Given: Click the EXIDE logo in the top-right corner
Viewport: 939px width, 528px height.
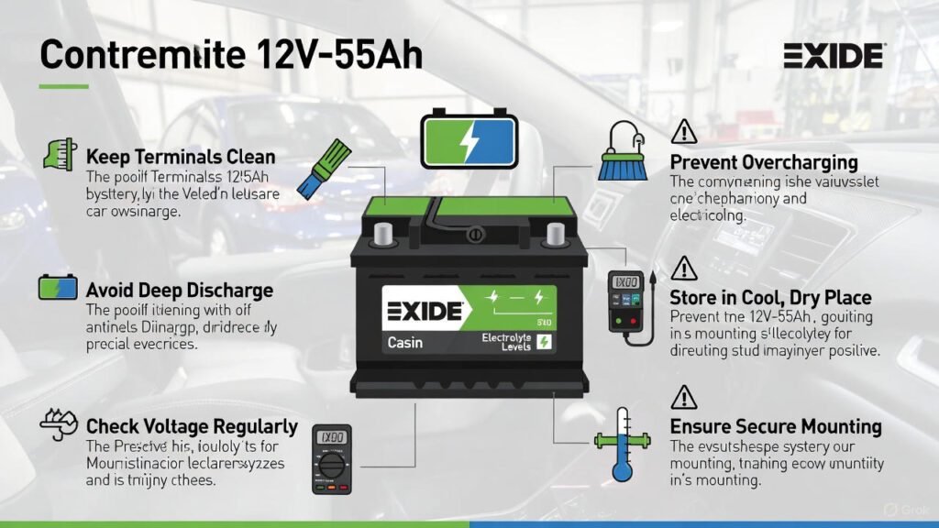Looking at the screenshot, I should click(834, 56).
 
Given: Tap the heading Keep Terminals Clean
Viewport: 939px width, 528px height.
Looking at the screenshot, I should click(181, 157).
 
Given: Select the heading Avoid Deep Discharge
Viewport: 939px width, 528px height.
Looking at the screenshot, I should click(179, 291).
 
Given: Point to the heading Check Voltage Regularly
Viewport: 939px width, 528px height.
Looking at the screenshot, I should click(192, 426).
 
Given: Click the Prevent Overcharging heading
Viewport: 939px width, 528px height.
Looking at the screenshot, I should click(764, 162).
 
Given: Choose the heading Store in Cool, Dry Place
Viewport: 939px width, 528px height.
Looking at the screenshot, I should click(770, 298).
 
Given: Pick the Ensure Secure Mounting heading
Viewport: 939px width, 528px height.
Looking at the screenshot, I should click(776, 426).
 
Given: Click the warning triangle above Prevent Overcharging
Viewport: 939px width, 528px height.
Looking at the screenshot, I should click(684, 132).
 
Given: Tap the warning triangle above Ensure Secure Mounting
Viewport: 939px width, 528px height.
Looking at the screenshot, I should click(684, 397).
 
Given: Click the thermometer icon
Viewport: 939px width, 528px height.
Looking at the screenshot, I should click(624, 445).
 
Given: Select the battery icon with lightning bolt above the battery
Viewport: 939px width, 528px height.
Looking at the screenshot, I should click(469, 140).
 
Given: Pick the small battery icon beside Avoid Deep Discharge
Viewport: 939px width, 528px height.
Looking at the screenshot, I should click(58, 288).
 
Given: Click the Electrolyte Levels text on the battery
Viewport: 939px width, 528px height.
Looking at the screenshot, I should click(507, 341).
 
